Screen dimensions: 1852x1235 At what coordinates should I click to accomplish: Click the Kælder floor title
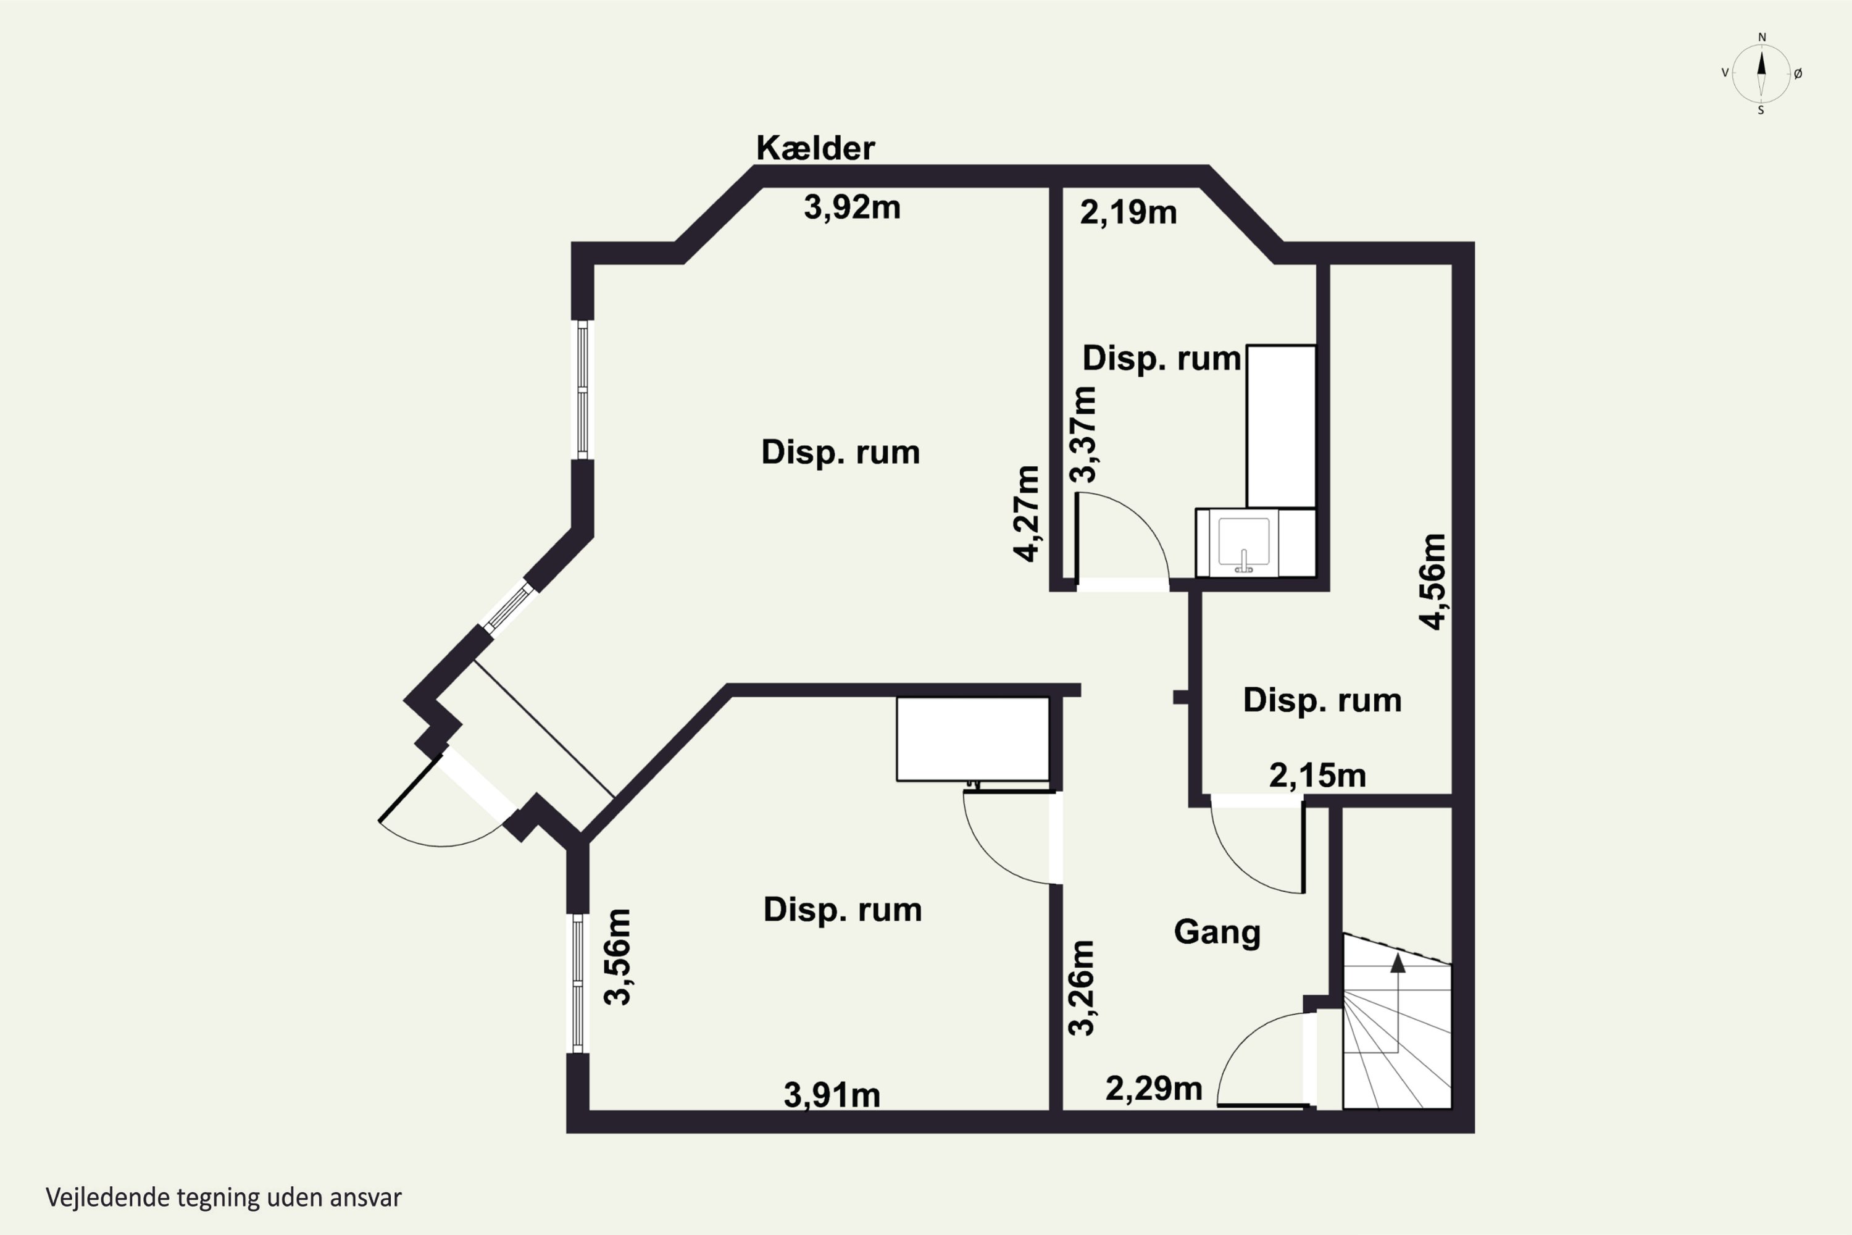click(815, 148)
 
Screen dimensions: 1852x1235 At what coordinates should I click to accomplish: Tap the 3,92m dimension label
click(852, 207)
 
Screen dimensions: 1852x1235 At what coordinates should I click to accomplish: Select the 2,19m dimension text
click(1128, 212)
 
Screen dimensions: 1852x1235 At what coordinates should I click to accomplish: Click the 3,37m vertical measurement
click(1083, 435)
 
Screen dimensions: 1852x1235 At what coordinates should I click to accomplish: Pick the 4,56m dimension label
click(1432, 581)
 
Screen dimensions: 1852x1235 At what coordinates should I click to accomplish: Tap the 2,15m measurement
click(1317, 776)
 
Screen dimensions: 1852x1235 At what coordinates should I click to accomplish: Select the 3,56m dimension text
click(617, 957)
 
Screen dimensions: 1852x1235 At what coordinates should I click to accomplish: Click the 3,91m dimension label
click(832, 1095)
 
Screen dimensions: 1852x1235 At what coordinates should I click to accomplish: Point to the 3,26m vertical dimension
click(1081, 987)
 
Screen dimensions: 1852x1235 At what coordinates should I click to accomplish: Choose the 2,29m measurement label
click(1154, 1089)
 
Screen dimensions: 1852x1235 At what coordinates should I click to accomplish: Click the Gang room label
click(1217, 932)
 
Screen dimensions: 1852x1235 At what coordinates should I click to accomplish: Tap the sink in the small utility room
click(1244, 544)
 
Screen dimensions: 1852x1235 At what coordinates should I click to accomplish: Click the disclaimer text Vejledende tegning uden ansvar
click(223, 1198)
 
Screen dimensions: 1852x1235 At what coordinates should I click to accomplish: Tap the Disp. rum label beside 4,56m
click(1322, 700)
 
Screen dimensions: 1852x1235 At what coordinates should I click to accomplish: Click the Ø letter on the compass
click(1798, 73)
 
